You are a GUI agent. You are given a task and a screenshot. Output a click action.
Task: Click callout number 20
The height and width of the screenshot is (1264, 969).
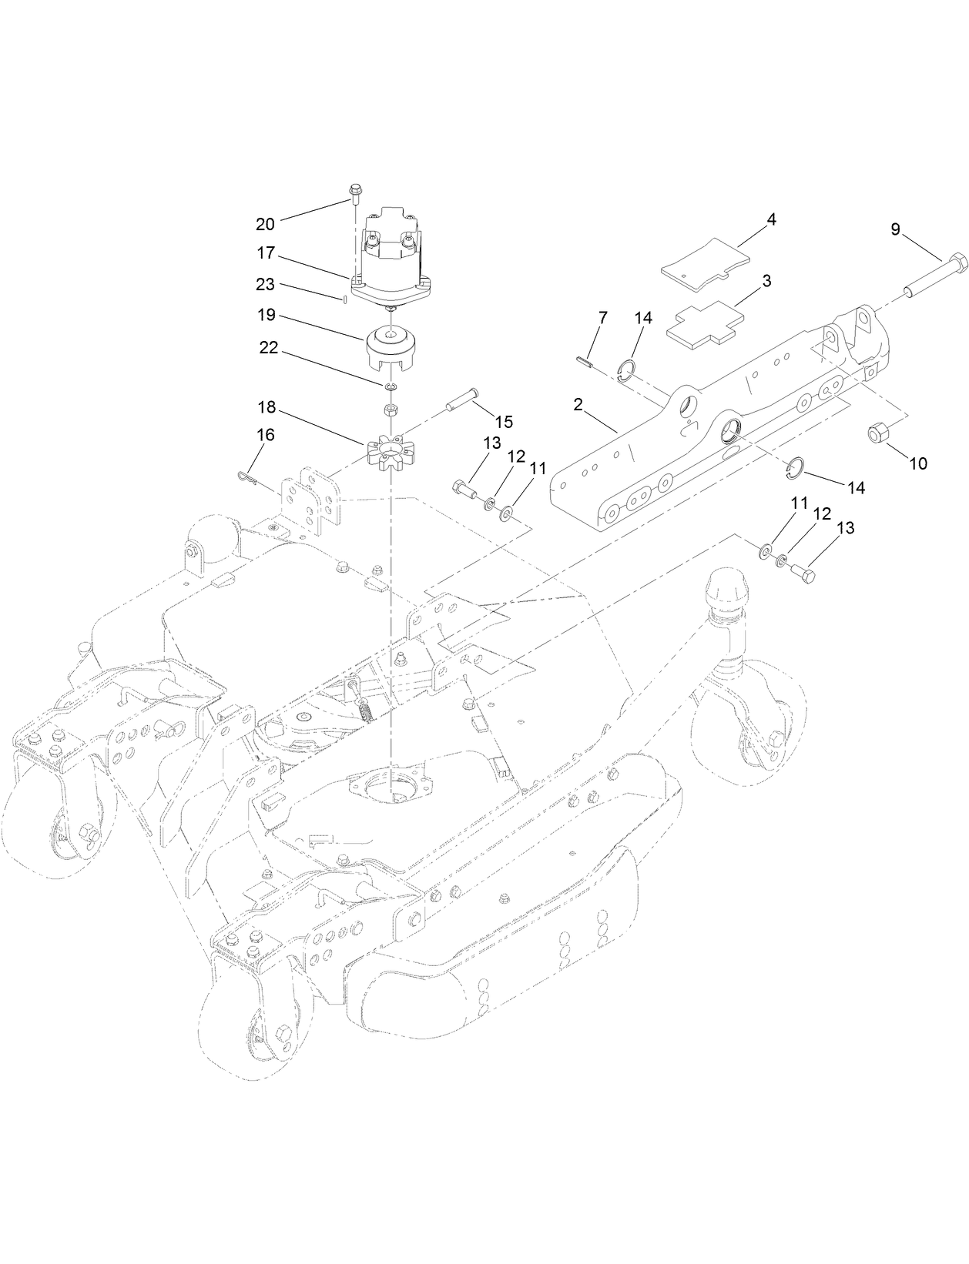tap(265, 224)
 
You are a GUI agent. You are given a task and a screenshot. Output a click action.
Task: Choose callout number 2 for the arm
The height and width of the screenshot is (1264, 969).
tap(578, 404)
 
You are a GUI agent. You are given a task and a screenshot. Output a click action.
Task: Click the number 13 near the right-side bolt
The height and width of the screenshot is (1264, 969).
tap(846, 528)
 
